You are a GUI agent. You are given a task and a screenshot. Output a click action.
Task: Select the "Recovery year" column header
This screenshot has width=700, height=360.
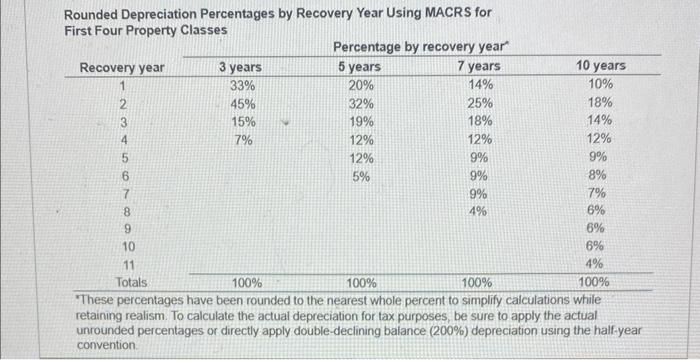tap(123, 67)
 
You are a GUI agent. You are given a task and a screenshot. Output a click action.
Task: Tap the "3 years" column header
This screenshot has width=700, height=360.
tap(240, 67)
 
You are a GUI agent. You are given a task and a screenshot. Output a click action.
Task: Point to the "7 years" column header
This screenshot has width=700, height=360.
tap(479, 67)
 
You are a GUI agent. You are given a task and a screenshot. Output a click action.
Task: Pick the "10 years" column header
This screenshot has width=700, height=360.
tap(601, 67)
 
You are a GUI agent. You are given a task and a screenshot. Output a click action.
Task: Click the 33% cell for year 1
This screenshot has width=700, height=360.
tap(240, 85)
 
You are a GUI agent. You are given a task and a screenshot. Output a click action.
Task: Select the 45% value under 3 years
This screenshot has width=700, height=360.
tap(240, 104)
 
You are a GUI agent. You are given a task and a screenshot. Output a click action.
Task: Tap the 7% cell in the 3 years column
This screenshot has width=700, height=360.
tap(243, 140)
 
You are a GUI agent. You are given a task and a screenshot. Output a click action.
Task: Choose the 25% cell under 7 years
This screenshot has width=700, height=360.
tap(480, 104)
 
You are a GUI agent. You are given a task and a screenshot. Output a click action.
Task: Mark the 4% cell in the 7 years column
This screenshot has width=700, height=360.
tap(480, 211)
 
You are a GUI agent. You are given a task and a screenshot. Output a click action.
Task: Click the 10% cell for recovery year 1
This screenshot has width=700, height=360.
tap(601, 85)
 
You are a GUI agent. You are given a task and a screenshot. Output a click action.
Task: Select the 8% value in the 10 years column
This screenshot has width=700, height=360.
tap(597, 176)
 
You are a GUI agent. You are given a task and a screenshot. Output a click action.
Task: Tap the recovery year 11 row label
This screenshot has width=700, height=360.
tap(127, 265)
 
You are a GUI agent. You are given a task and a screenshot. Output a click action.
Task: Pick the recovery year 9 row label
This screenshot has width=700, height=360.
tap(127, 229)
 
